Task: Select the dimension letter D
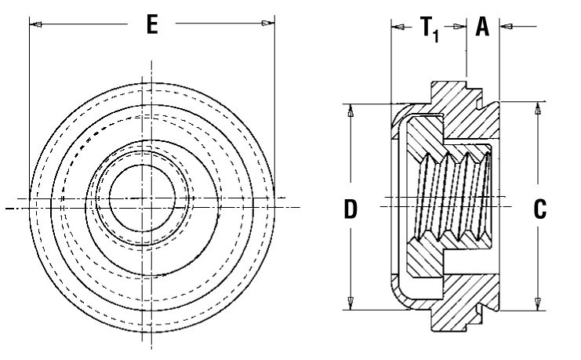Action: [350, 209]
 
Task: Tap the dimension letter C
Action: [539, 209]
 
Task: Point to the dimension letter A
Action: [482, 27]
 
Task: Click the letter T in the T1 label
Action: [427, 27]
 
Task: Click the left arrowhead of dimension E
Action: [35, 24]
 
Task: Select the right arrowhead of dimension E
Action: [268, 24]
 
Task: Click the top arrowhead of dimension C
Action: [538, 108]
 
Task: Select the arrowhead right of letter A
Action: [507, 27]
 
